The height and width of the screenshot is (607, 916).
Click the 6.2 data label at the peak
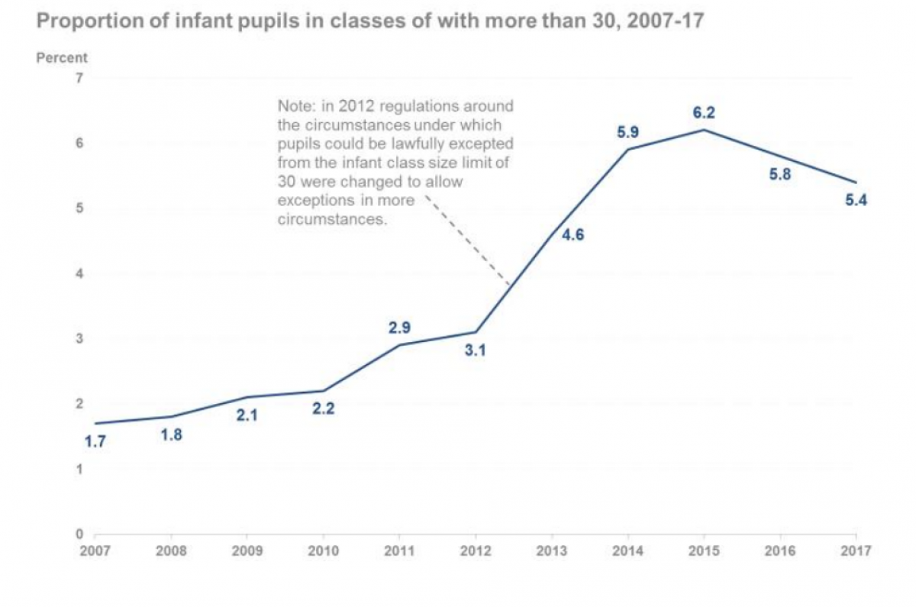[703, 113]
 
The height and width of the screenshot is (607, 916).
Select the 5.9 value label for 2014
[627, 132]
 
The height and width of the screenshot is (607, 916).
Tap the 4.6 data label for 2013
[572, 235]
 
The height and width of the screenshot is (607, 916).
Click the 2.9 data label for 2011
[399, 328]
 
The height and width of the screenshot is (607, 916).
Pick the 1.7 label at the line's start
[95, 442]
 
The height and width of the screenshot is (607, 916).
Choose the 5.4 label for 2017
[856, 201]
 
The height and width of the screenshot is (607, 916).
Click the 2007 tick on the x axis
[94, 550]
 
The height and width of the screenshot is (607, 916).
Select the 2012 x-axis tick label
[475, 550]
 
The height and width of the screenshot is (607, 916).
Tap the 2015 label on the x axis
[703, 550]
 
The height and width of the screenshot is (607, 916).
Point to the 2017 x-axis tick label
[856, 550]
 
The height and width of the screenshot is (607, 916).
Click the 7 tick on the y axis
[79, 78]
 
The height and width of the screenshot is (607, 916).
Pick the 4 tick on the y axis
[79, 273]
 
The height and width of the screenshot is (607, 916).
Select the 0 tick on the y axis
[79, 534]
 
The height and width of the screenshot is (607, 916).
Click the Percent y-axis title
[62, 57]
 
